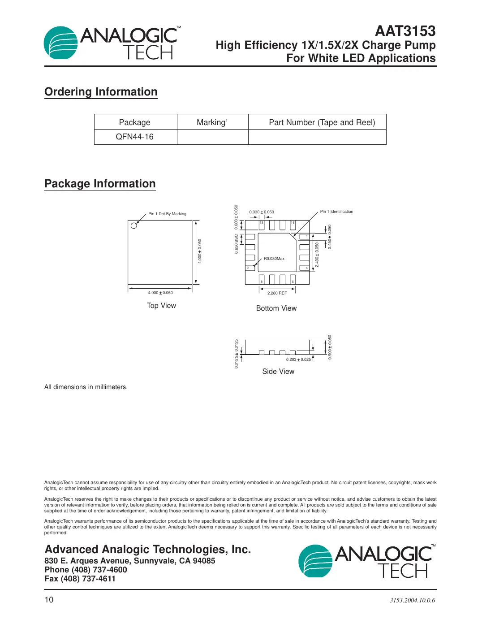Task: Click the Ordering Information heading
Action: coord(101,92)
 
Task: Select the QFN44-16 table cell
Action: coord(134,137)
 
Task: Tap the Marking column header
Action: coord(212,122)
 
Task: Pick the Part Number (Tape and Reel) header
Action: coord(322,122)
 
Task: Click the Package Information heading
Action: coord(100,184)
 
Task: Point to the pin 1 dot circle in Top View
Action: coord(133,225)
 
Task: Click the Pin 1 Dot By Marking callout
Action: coord(167,214)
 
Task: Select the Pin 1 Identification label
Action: coord(336,212)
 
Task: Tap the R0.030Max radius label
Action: coord(274,259)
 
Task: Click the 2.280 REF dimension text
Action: coord(277,293)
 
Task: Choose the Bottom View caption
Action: coord(276,308)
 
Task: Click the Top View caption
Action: coord(161,306)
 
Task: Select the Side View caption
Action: coord(278,372)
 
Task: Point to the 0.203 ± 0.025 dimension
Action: coord(298,359)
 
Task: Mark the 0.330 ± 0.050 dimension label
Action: coord(262,212)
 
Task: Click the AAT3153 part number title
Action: coord(405,31)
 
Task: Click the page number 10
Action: coord(49,600)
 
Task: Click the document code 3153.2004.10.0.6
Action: coord(412,600)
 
